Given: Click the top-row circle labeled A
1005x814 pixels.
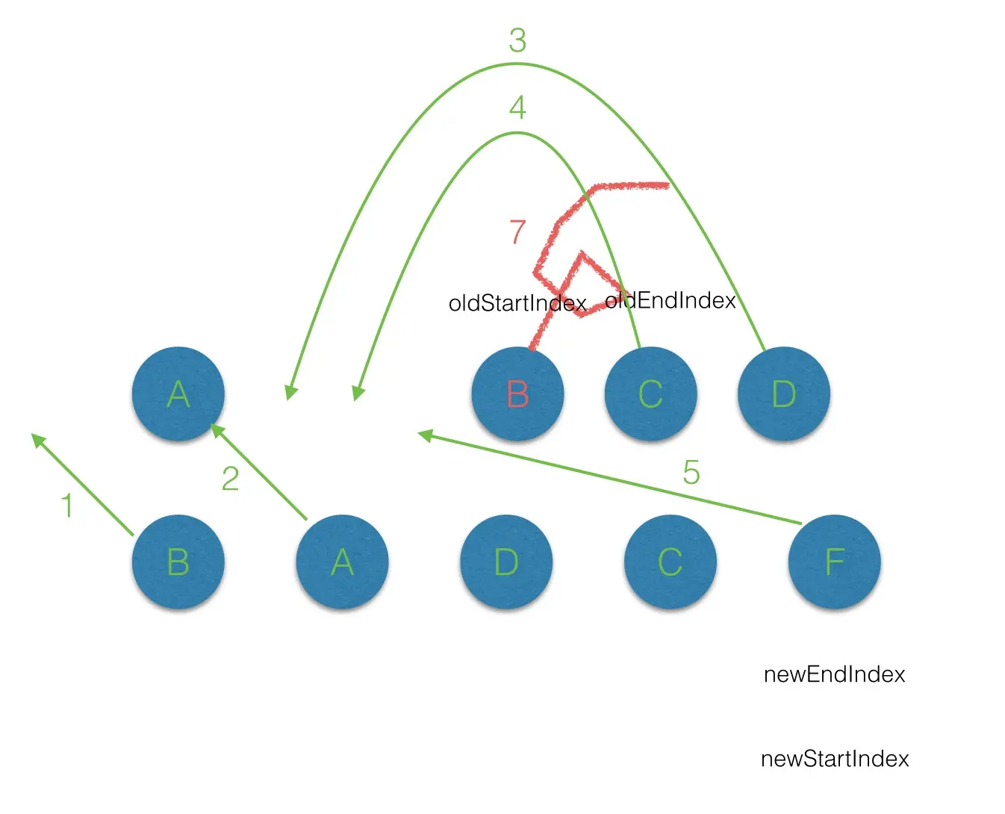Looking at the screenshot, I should pos(178,394).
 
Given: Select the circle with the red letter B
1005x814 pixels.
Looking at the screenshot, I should pos(517,394).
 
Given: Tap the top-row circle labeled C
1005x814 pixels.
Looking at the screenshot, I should pos(650,394).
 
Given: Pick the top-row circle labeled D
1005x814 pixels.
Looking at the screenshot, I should pos(783,394).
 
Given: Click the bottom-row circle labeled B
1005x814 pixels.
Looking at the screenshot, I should pos(178,562).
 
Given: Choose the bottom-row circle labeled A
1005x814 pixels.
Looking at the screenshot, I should pos(342,562).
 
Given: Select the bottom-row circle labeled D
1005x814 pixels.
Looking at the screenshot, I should pos(506,562).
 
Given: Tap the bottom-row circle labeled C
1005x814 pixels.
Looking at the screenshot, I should pos(670,562).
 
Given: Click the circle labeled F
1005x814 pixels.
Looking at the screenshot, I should pos(834,562).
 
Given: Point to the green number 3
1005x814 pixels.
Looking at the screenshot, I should pos(517,40).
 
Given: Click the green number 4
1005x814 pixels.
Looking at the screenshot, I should pos(517,108).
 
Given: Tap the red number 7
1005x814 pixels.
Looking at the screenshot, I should pos(517,232).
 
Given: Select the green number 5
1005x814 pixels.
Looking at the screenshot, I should pos(691,472).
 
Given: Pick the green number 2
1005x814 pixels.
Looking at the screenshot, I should pos(230,479).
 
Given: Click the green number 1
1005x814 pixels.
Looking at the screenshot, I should pos(67,506).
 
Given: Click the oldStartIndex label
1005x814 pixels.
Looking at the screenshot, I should pos(517,303).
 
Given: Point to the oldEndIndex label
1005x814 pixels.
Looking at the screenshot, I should pos(670,300).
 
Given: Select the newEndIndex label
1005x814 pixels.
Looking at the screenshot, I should pos(834,674).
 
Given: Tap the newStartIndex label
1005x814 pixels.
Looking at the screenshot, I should pos(835,759).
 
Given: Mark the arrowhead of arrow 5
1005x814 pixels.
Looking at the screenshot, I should pos(423,435).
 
